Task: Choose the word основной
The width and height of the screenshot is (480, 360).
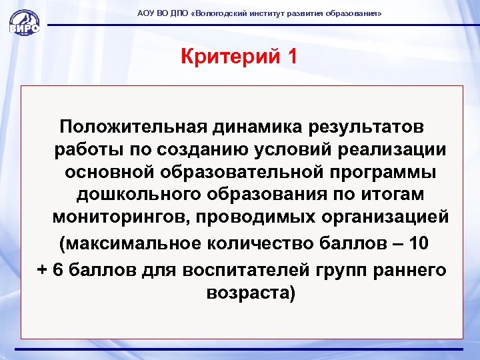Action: coord(110,172)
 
